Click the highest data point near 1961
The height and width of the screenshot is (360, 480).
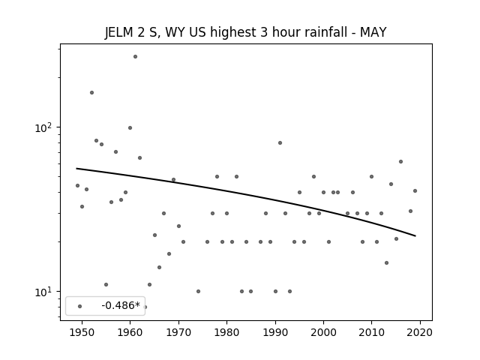[x=135, y=57]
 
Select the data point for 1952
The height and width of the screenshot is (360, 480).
[x=91, y=92]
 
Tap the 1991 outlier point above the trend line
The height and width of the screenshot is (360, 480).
[x=280, y=142]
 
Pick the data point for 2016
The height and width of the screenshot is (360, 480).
[x=400, y=162]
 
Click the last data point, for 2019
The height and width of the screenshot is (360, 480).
[x=415, y=190]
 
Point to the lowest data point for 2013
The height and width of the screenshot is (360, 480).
[x=387, y=262]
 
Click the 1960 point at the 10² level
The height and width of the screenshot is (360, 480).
[x=130, y=127]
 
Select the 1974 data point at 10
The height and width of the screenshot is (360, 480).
[x=198, y=291]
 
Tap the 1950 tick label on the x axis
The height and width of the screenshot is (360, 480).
[x=82, y=332]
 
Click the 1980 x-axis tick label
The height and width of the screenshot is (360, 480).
[x=226, y=332]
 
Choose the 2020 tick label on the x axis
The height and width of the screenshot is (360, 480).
[x=420, y=332]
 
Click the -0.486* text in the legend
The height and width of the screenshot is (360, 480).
[x=121, y=305]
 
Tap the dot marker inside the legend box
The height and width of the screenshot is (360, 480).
[x=80, y=306]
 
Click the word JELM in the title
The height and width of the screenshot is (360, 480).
[x=118, y=32]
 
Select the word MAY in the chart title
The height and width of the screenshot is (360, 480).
[x=373, y=32]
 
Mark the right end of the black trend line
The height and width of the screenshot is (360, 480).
[x=415, y=236]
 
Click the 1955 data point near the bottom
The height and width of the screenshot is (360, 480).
[x=106, y=284]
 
